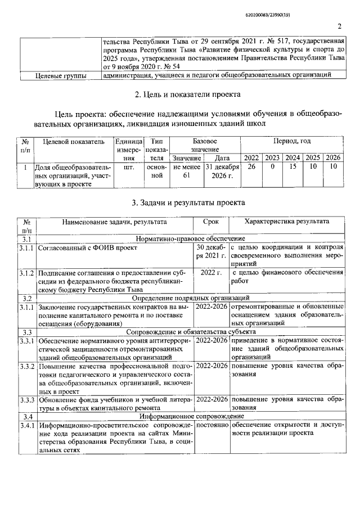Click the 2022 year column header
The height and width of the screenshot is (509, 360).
coord(253,157)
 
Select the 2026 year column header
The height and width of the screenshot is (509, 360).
coord(334,157)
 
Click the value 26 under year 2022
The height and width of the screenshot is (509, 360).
coord(253,167)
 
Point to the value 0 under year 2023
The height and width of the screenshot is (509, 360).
coord(273,167)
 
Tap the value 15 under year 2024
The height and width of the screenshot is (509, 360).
coord(292,167)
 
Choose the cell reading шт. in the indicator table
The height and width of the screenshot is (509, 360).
coord(129,167)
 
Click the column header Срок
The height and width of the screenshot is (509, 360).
coord(211,222)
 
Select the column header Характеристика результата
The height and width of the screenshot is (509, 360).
coord(287,222)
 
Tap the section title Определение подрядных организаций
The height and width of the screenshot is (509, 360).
coord(190,298)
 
